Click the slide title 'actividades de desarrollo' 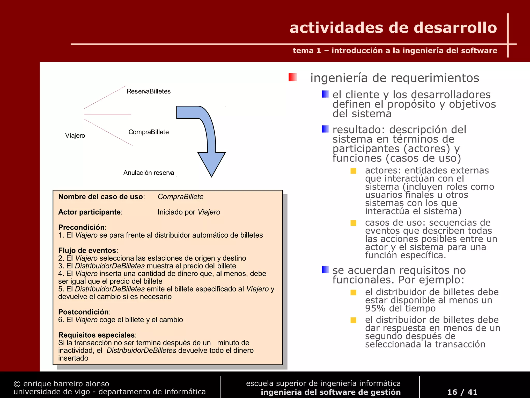point(393,28)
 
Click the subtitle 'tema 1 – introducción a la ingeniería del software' point(395,51)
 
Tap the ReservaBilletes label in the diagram point(149,91)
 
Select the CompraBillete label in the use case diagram point(149,132)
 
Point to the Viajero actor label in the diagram point(75,136)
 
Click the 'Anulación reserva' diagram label point(149,173)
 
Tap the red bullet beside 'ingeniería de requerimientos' point(293,77)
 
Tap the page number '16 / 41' point(462,392)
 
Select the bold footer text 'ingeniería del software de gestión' point(330,392)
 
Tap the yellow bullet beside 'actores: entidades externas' point(353,171)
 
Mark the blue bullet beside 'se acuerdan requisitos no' point(326,270)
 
